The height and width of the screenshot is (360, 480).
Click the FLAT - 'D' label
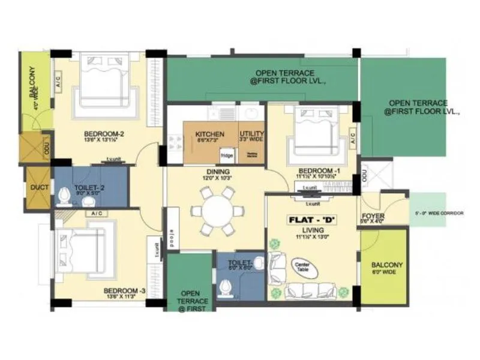313,219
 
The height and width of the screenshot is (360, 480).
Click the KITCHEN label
209,134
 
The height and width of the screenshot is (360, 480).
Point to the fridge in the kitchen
227,155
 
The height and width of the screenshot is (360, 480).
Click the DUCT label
36,187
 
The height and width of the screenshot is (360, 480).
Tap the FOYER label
373,216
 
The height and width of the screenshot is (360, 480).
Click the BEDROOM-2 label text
104,133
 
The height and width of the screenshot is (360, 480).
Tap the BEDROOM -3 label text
125,292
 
